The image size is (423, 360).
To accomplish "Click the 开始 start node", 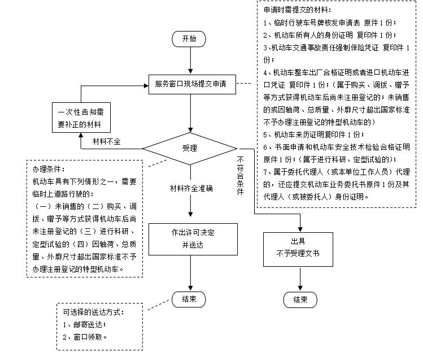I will (190, 39).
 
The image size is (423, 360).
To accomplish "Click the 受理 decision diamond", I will (190, 149).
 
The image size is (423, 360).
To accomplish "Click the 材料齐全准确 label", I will (191, 188).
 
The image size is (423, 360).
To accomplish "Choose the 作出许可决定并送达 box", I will (190, 238).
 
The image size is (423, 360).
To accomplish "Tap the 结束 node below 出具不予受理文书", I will (300, 300).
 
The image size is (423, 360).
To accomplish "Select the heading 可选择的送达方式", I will (93, 313).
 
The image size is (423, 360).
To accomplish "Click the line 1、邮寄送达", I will (85, 325).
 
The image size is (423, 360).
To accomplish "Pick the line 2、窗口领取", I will (85, 337).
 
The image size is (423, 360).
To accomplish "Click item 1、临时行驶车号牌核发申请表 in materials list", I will (330, 23).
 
